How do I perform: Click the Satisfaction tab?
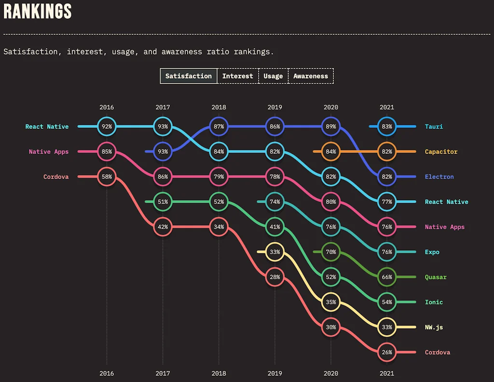pyautogui.click(x=189, y=76)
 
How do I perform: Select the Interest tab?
pyautogui.click(x=237, y=76)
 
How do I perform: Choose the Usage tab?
pyautogui.click(x=273, y=76)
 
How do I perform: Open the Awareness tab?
pyautogui.click(x=311, y=76)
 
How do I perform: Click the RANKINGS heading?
pyautogui.click(x=38, y=12)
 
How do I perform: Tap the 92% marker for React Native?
pyautogui.click(x=107, y=126)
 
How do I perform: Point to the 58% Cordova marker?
pyautogui.click(x=107, y=177)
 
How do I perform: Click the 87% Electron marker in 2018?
pyautogui.click(x=219, y=126)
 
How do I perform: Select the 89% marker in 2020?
pyautogui.click(x=331, y=126)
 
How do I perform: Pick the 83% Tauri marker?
pyautogui.click(x=387, y=126)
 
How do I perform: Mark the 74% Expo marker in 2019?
pyautogui.click(x=275, y=202)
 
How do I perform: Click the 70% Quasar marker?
pyautogui.click(x=331, y=252)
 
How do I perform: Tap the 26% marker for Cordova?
pyautogui.click(x=387, y=352)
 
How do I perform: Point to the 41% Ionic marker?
pyautogui.click(x=275, y=227)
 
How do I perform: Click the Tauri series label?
pyautogui.click(x=434, y=126)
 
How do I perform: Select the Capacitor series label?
pyautogui.click(x=441, y=151)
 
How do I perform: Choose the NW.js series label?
pyautogui.click(x=434, y=327)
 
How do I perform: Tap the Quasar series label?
pyautogui.click(x=436, y=277)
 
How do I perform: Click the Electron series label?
pyautogui.click(x=439, y=177)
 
